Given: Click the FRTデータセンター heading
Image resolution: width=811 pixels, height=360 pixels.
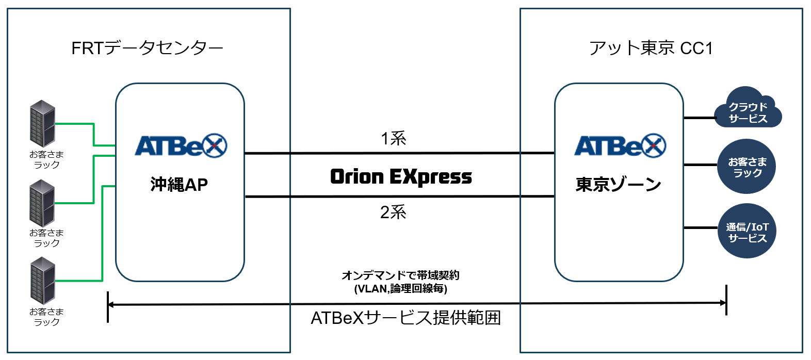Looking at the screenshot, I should point(147,48).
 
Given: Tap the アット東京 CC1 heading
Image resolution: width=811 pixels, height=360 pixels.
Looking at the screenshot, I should point(651,48).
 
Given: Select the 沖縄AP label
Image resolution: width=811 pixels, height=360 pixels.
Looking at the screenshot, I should point(179,184).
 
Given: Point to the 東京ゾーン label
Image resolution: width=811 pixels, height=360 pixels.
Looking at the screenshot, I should point(618,184).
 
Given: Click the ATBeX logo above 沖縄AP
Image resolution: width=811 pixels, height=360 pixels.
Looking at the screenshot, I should point(181,146).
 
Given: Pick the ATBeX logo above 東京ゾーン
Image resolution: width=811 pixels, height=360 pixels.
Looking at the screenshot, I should point(620,146).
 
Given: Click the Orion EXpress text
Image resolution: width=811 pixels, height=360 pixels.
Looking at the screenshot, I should point(401,176).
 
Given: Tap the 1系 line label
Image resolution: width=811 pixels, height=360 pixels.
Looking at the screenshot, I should point(393,138).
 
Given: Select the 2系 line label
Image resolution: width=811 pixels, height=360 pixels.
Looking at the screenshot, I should point(393,212).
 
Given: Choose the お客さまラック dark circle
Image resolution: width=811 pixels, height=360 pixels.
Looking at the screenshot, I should point(747,167).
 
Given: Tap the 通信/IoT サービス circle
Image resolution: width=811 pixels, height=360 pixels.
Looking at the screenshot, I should point(747,232).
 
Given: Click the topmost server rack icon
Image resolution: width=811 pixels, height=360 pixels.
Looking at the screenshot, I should point(42,123).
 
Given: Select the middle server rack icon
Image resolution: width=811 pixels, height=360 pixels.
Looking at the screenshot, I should point(42,203).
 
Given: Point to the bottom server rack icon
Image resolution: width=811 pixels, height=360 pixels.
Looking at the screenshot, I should point(42,281).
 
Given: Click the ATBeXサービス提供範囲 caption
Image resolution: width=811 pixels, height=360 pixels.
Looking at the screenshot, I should point(405,318).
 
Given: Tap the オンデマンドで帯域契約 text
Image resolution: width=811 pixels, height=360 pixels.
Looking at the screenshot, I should point(400,275).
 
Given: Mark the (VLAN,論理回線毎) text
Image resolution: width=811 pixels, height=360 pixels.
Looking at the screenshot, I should point(400,288).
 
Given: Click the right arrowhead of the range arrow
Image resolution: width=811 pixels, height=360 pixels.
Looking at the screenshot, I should point(723,303).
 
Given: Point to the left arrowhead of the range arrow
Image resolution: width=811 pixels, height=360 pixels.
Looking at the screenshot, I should point(111,305).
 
